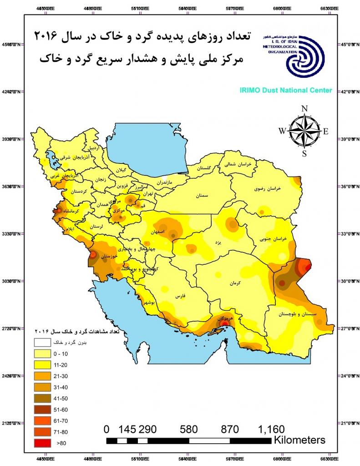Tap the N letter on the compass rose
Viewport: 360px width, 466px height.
pos(304,109)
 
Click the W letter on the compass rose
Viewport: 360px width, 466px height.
pos(282,131)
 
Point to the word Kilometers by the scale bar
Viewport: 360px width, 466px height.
pos(299,440)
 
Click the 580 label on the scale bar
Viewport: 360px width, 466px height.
pos(188,429)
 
